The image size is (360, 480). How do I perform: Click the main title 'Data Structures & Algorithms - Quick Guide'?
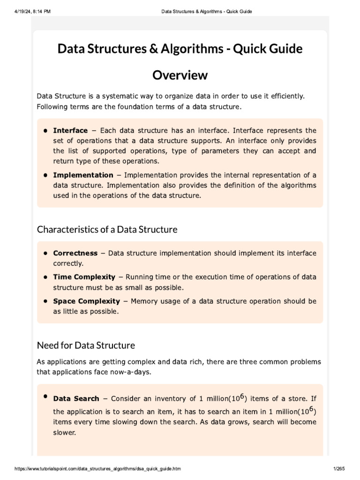180,49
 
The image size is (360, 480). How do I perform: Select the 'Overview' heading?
180,75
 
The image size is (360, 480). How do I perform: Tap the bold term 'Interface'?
70,130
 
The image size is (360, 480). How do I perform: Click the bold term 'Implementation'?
83,175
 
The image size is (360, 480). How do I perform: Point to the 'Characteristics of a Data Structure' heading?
107,229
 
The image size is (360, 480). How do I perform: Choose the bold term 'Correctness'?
75,253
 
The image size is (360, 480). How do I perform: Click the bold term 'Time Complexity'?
84,277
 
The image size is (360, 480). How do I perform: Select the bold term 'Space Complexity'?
87,301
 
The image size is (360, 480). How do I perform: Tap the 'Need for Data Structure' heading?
86,345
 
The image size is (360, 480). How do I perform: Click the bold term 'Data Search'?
76,398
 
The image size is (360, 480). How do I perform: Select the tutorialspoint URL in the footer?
97,469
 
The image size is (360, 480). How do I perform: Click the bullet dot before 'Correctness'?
46,253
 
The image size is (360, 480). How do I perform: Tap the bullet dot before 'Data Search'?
46,397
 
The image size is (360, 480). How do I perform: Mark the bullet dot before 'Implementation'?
46,175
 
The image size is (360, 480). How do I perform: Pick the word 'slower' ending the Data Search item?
64,433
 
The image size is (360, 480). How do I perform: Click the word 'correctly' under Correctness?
68,263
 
